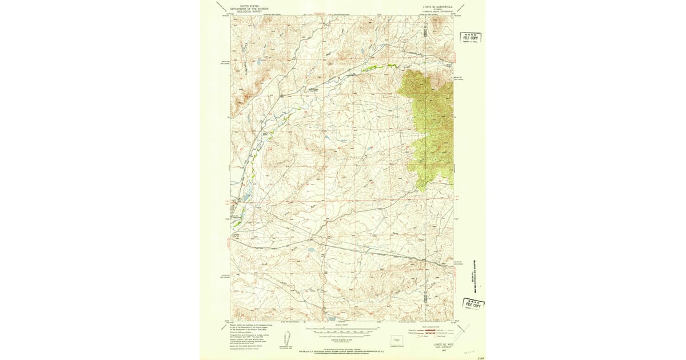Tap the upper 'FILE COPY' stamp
pyautogui.click(x=470, y=38)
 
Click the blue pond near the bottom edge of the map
pyautogui.click(x=331, y=318)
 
